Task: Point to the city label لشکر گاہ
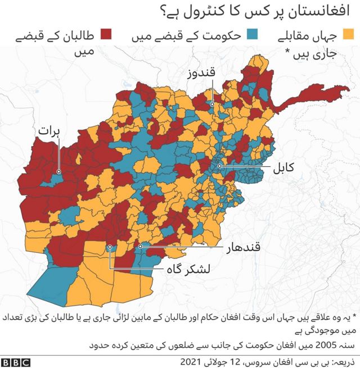[x=187, y=269]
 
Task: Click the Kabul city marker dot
[x=219, y=166]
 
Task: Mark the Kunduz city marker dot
[x=212, y=104]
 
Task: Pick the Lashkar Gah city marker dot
[x=110, y=246]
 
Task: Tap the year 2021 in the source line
[x=192, y=360]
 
